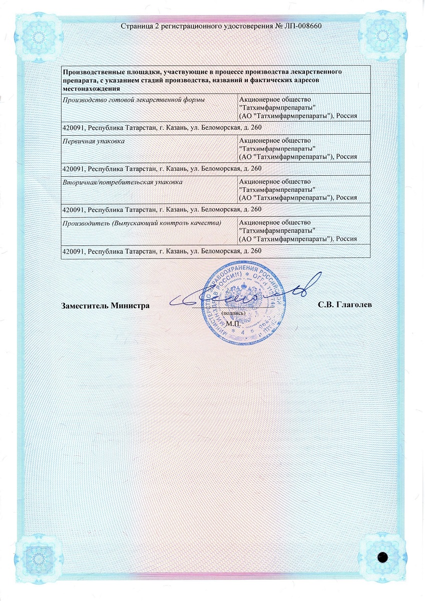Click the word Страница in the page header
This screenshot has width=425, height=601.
[137, 26]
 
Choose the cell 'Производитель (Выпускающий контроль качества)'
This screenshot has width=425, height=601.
[141, 222]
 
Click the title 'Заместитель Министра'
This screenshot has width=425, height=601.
[105, 305]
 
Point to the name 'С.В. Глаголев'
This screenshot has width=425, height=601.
[344, 305]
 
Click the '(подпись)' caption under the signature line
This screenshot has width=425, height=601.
[233, 313]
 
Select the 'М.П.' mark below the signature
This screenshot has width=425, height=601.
[233, 324]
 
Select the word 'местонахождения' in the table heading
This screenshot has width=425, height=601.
[91, 88]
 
